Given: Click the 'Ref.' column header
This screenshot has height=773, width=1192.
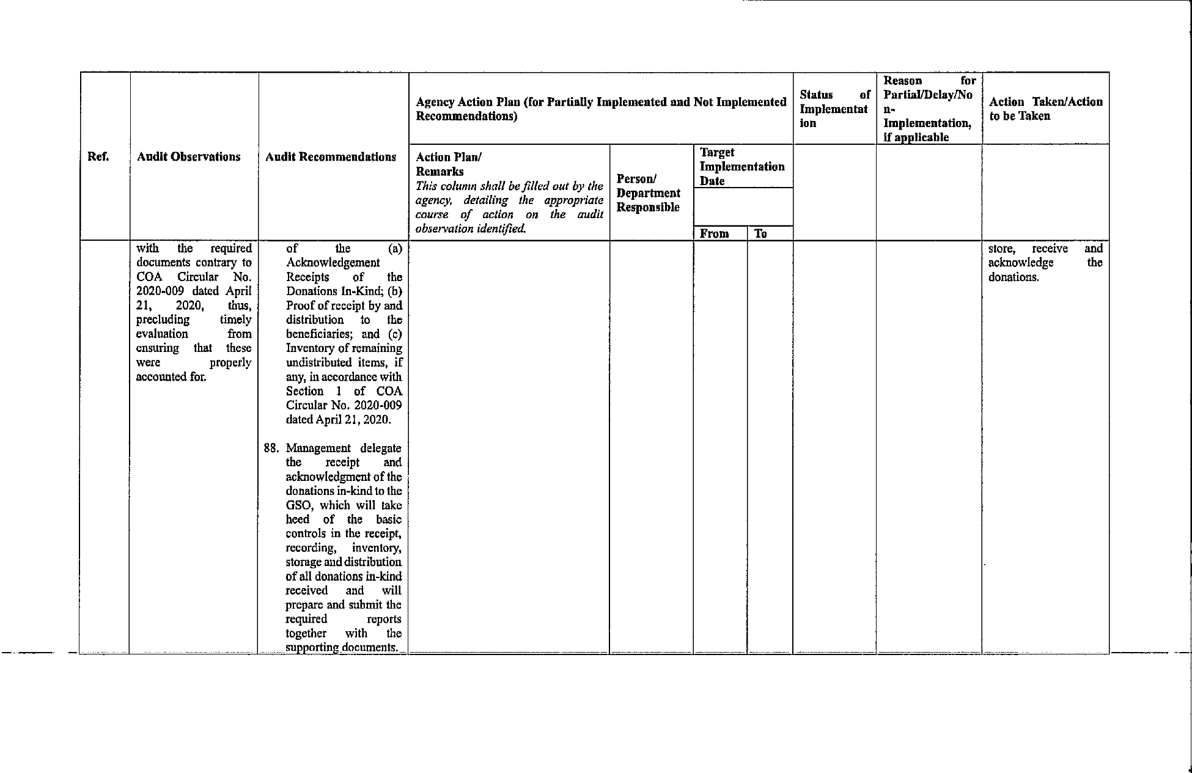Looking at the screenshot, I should (x=98, y=157).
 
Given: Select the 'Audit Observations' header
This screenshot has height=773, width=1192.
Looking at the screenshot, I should (x=189, y=157).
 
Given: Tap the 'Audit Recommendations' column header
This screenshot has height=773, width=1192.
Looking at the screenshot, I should (x=331, y=157).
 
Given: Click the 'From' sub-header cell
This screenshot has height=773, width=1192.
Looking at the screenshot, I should (x=714, y=233).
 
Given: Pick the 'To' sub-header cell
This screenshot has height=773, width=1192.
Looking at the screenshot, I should (x=760, y=233).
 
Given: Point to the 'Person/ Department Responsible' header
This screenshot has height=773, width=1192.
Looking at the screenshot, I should (x=648, y=193).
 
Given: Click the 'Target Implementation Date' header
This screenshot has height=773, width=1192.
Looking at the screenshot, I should (x=742, y=166).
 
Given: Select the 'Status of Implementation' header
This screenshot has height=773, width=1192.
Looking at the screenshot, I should (x=834, y=109).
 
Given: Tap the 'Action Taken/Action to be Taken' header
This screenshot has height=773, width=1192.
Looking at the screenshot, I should (x=1045, y=109).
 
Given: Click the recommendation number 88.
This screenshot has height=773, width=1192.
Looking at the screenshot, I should (x=271, y=448).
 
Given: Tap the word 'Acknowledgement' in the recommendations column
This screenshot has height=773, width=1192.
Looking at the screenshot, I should (x=333, y=263).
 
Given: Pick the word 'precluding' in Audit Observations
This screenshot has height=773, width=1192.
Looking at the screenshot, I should (x=163, y=320).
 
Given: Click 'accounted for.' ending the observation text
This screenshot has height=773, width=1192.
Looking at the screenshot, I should (x=171, y=376).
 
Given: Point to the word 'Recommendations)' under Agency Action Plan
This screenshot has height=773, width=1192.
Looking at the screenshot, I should (x=466, y=116).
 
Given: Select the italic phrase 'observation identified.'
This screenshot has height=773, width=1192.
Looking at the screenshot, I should (x=471, y=229).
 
